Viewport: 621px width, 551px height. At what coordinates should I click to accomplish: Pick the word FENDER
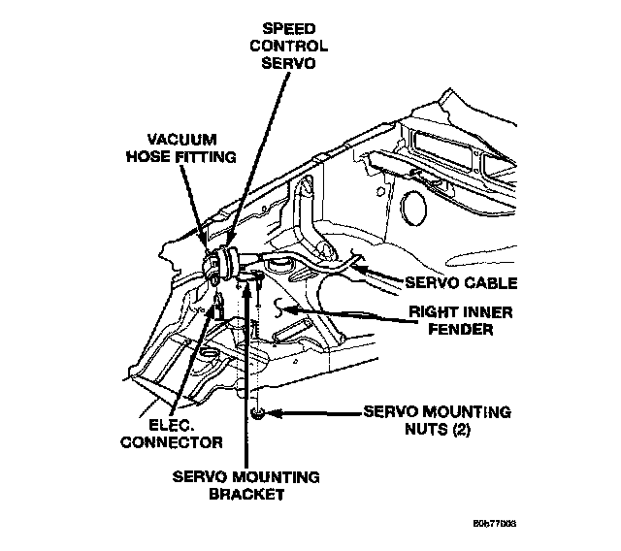pyautogui.click(x=464, y=330)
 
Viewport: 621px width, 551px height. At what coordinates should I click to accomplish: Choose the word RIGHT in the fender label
pyautogui.click(x=432, y=313)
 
